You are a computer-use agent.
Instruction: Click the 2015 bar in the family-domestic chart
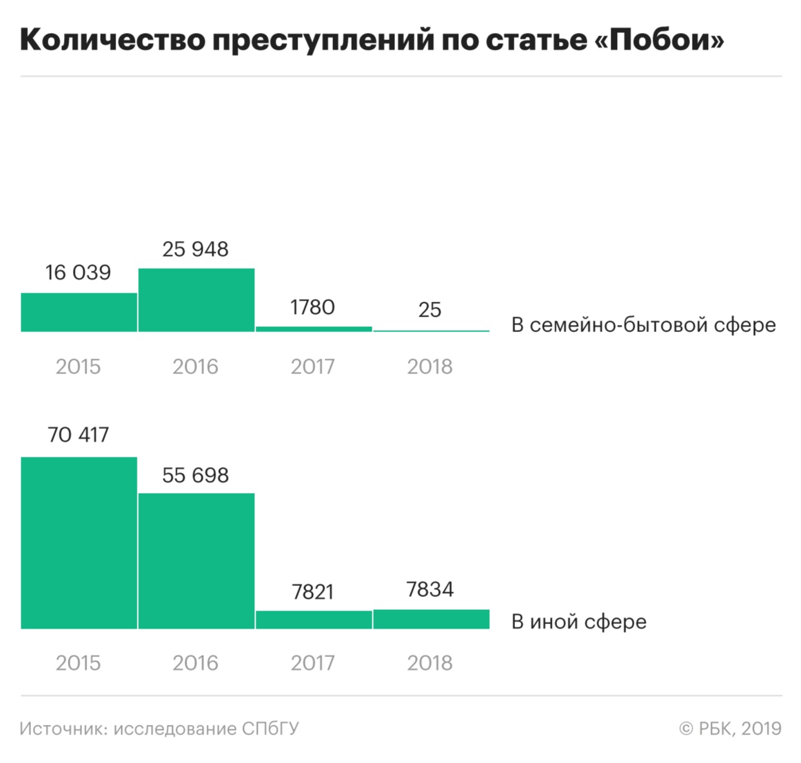(x=79, y=312)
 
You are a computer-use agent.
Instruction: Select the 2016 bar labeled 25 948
(x=196, y=300)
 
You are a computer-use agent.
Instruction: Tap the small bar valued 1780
(x=314, y=329)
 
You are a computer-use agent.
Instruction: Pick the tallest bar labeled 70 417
(x=79, y=543)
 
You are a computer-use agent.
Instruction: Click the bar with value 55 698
(x=196, y=561)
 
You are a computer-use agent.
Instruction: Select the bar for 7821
(x=314, y=620)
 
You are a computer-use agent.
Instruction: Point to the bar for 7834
(x=431, y=619)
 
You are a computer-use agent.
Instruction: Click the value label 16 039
(x=78, y=273)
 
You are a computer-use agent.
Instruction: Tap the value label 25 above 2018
(x=430, y=310)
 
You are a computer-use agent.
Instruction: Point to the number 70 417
(x=78, y=435)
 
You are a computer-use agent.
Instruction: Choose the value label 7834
(x=430, y=589)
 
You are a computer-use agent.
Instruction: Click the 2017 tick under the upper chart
(x=313, y=367)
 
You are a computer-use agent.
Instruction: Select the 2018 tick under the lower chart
(x=430, y=663)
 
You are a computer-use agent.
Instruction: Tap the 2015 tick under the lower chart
(x=78, y=663)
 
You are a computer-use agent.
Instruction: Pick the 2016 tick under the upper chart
(x=196, y=367)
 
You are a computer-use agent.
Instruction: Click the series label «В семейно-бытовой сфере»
(x=644, y=325)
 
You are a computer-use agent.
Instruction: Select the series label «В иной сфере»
(x=579, y=622)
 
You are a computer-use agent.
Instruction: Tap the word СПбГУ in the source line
(x=270, y=729)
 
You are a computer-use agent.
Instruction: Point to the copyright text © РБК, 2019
(x=730, y=729)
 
